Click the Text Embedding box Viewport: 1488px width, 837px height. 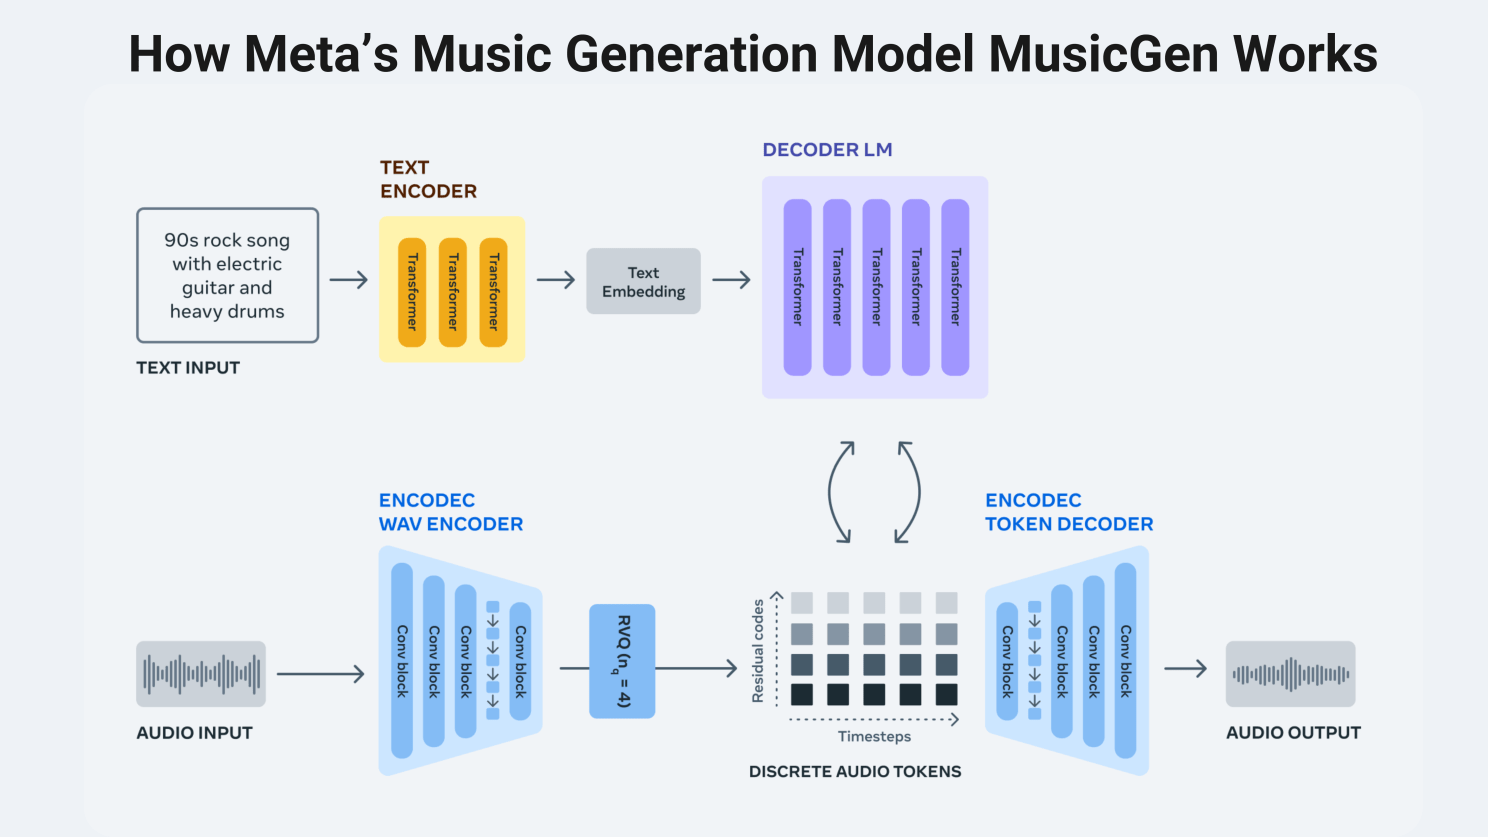[x=643, y=282]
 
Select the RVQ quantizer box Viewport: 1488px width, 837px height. [x=622, y=661]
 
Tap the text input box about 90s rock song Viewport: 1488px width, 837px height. [x=227, y=276]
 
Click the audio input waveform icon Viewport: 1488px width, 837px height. [x=201, y=674]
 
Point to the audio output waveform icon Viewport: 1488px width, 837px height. [x=1290, y=674]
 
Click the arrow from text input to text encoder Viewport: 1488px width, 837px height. [x=349, y=280]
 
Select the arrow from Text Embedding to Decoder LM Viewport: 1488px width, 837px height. [x=731, y=280]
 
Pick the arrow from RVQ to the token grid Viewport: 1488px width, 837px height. [x=696, y=668]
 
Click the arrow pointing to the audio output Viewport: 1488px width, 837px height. [x=1186, y=669]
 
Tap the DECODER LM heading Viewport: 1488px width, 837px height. [x=827, y=150]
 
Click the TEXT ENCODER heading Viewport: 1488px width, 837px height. [x=428, y=179]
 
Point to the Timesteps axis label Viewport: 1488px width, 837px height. [x=874, y=737]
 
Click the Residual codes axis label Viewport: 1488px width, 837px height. [x=758, y=651]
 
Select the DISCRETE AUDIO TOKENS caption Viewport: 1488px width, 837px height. [x=855, y=772]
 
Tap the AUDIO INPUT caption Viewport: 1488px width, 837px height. [x=194, y=733]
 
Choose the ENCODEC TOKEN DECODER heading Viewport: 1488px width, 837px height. [x=1069, y=512]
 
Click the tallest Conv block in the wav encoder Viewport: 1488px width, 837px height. [x=402, y=661]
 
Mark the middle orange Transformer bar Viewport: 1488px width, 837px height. [x=453, y=292]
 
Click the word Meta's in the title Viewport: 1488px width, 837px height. [x=321, y=54]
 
